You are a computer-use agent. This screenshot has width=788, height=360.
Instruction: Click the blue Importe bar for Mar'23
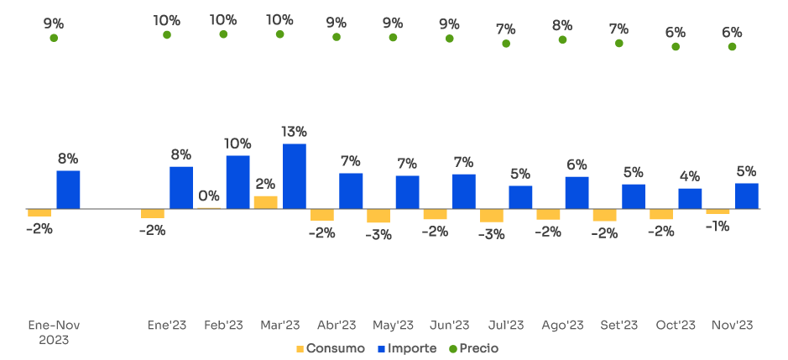click(295, 176)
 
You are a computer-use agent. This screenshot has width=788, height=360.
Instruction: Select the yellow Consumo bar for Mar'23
click(265, 202)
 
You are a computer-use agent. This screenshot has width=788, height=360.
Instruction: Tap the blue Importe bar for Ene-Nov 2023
click(68, 190)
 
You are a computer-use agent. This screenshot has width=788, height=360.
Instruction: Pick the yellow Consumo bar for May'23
click(378, 216)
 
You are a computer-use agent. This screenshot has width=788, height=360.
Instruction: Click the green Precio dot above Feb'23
click(223, 34)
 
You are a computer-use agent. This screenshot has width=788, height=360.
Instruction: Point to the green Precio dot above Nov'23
click(732, 47)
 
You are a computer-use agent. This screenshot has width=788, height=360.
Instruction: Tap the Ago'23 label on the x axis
click(562, 326)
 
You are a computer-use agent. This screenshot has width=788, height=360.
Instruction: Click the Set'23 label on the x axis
click(619, 326)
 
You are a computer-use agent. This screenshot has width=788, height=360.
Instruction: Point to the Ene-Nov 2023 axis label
click(54, 332)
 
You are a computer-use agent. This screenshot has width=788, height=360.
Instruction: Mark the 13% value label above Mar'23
click(295, 132)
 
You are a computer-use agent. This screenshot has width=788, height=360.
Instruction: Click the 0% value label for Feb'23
click(209, 196)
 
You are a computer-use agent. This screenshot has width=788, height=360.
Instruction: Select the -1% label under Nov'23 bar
click(716, 226)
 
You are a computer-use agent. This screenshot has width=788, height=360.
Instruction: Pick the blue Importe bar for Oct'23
click(690, 198)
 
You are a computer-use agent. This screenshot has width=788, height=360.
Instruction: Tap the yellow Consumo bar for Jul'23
click(492, 216)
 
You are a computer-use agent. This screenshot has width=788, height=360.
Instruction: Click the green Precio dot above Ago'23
click(562, 39)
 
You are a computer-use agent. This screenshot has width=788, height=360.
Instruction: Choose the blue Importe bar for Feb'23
click(237, 182)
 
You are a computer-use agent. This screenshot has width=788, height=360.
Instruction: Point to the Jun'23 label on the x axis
click(449, 326)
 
